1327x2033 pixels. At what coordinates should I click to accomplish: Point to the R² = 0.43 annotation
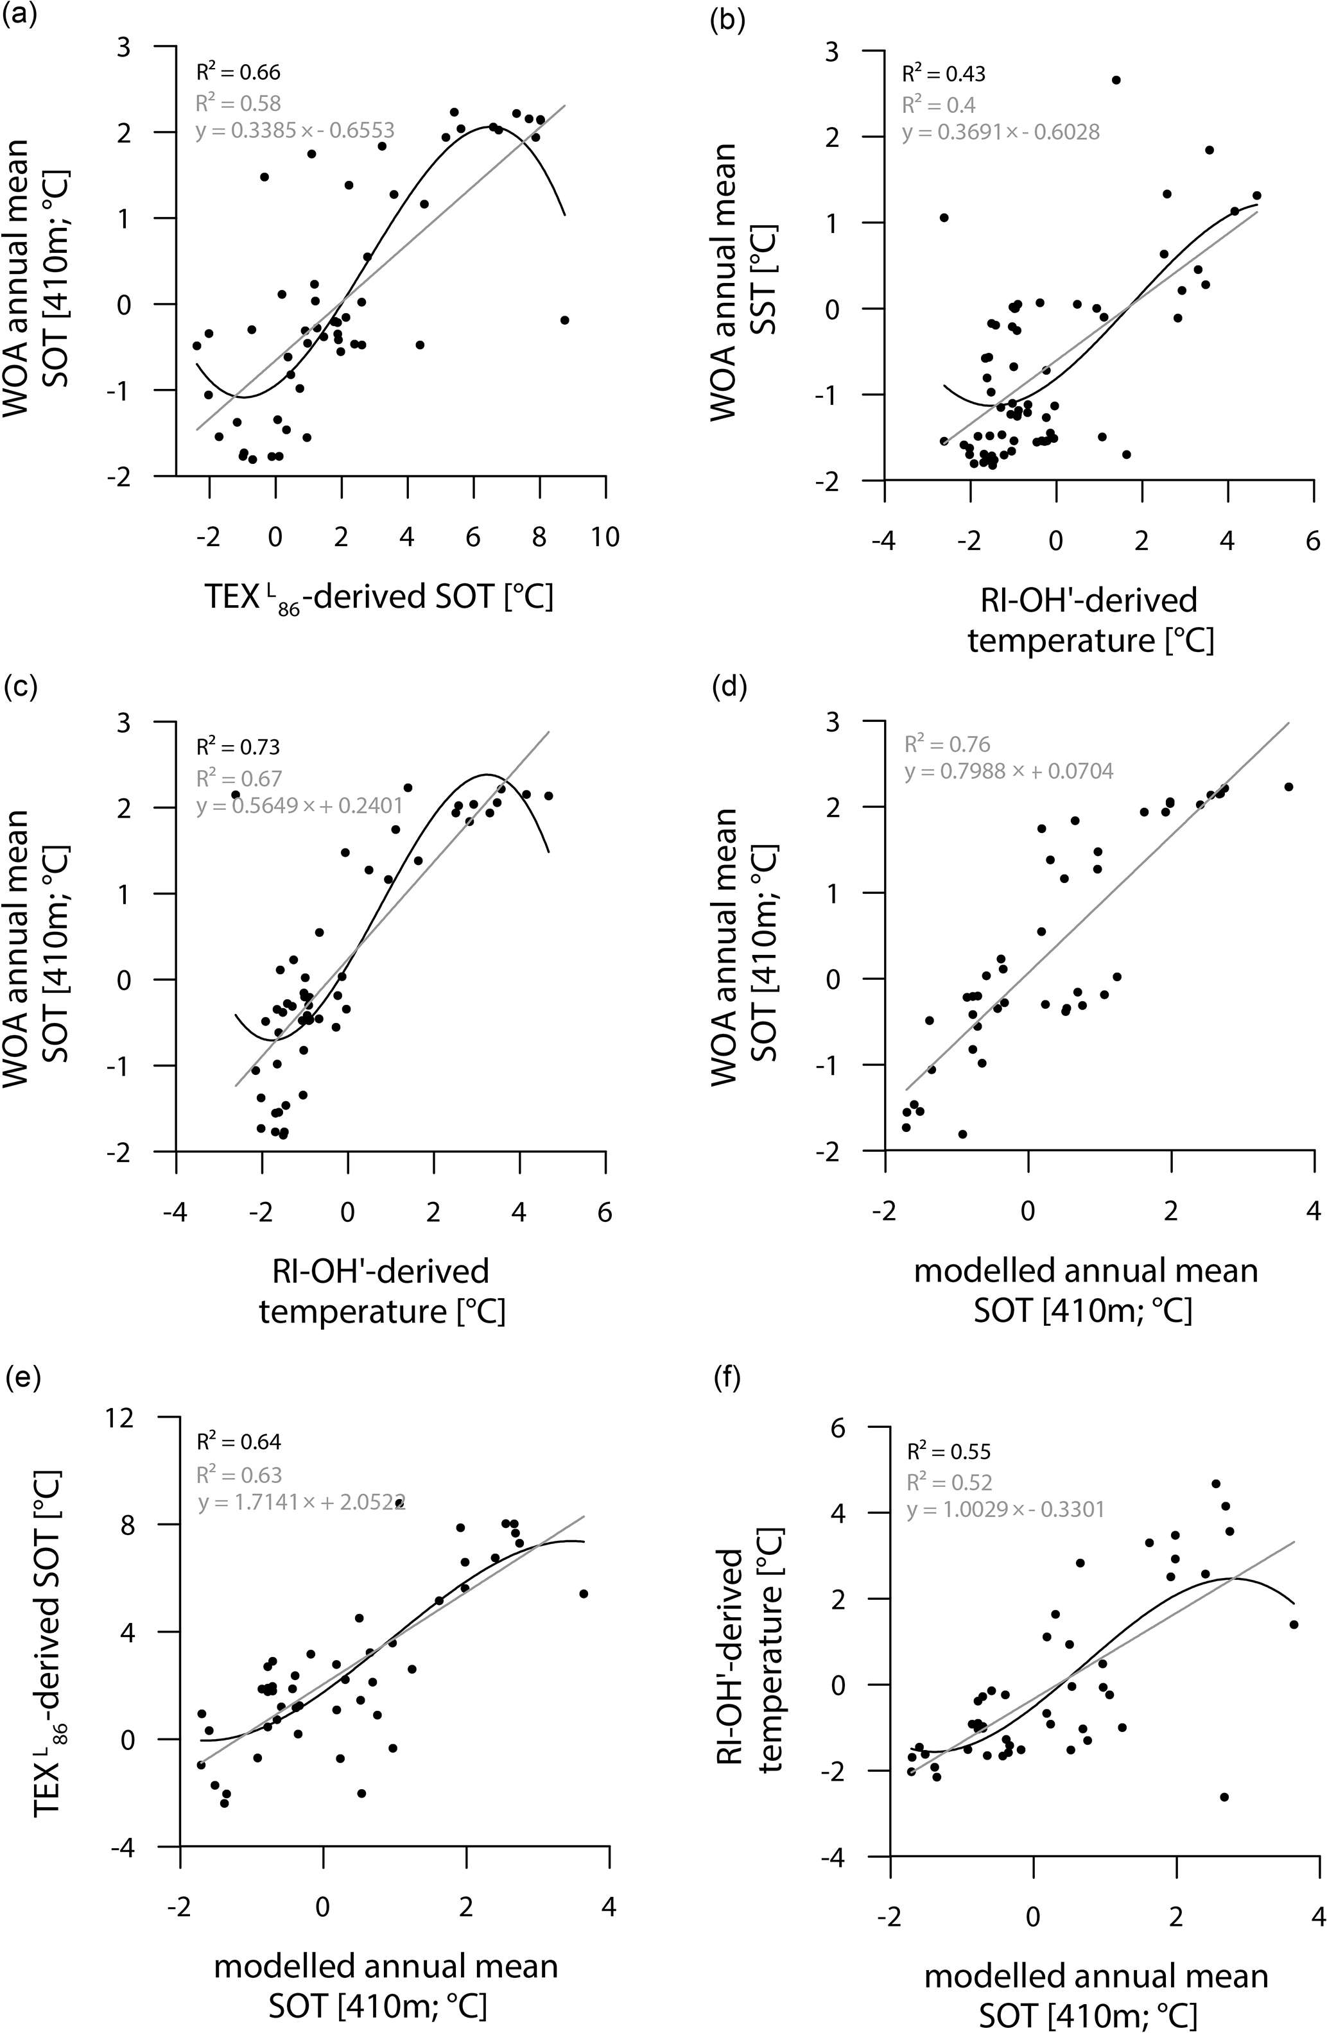(943, 74)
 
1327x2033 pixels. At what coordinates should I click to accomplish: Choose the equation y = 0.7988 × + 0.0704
(1009, 772)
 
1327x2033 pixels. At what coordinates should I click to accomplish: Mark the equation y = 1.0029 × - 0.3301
(1006, 1509)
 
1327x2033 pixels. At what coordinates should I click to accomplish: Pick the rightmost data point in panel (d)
(1288, 787)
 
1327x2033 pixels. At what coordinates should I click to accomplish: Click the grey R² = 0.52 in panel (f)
(950, 1482)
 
